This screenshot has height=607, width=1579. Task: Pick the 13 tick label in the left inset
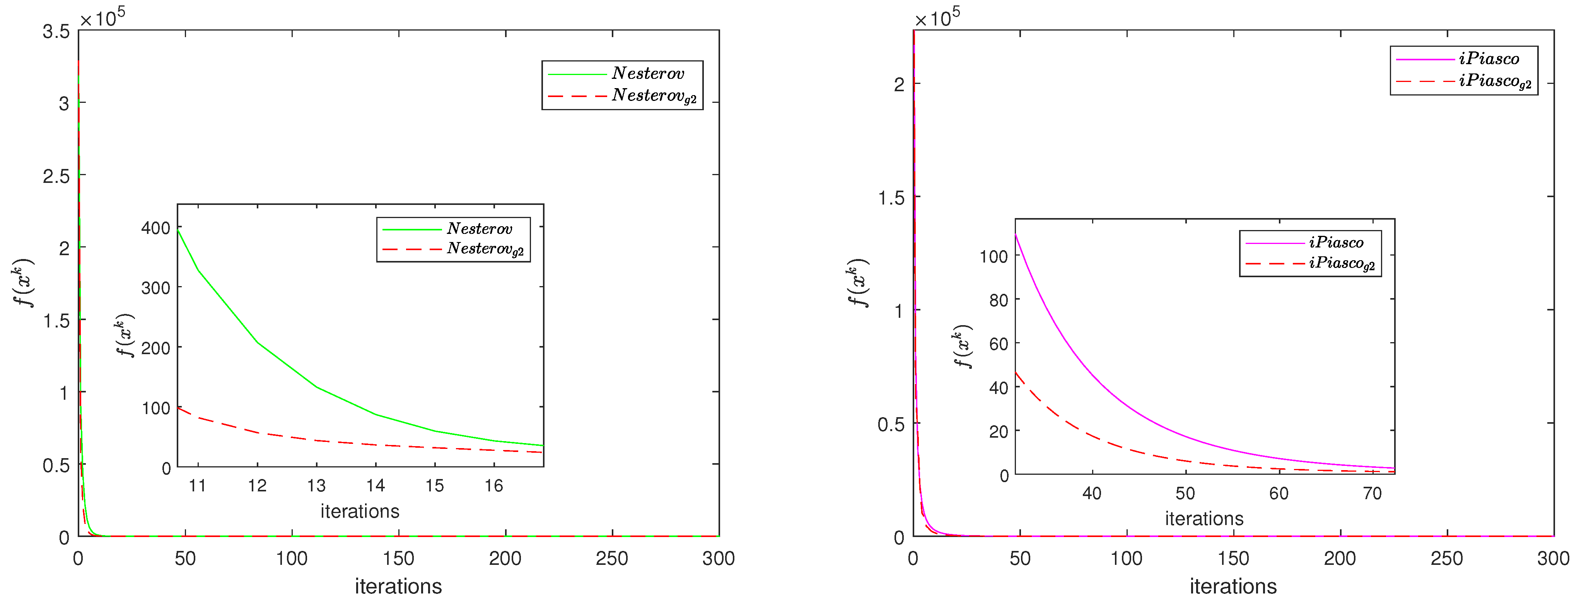coord(316,486)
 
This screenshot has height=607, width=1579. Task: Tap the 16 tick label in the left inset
coord(494,486)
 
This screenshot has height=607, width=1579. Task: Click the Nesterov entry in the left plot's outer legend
coord(648,73)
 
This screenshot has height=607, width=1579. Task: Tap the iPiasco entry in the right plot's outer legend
coord(1489,59)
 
